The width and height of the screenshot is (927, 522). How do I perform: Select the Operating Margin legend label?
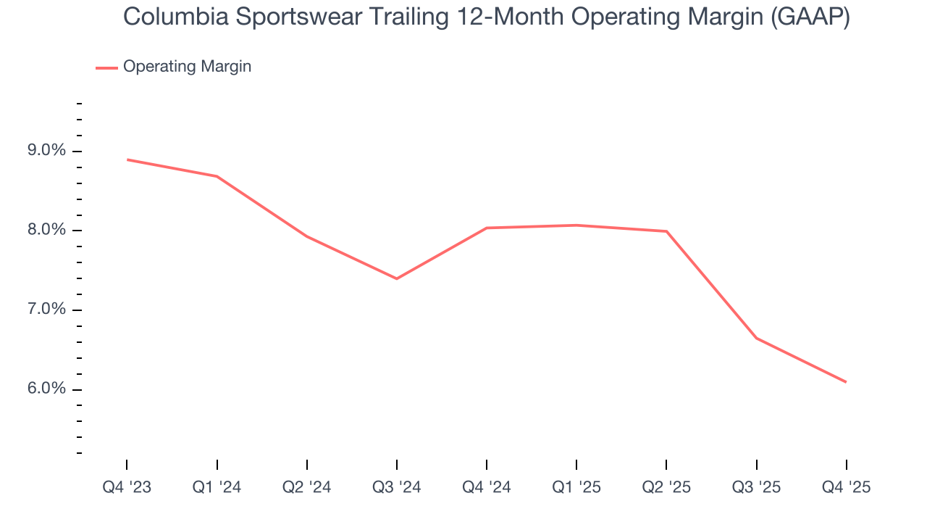click(x=187, y=67)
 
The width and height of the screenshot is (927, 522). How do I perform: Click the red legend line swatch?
click(x=106, y=68)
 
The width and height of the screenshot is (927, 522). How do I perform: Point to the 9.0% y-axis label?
click(x=47, y=151)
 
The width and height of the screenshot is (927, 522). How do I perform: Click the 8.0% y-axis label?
click(x=47, y=231)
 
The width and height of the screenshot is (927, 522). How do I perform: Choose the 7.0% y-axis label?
click(x=47, y=310)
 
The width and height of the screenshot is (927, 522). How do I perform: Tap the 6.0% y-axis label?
click(x=47, y=389)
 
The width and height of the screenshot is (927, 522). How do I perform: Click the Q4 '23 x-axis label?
click(x=127, y=487)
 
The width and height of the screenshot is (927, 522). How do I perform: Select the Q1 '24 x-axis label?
click(x=217, y=487)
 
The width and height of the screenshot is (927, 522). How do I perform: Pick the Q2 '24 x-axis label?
click(x=307, y=487)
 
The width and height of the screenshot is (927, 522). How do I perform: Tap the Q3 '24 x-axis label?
click(x=397, y=487)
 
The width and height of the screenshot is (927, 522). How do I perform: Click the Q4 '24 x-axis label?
click(x=487, y=487)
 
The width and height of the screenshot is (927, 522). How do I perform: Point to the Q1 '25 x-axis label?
click(x=576, y=487)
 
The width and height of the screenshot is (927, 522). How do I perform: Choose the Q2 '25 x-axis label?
click(x=666, y=487)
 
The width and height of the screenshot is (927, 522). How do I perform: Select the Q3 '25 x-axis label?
click(x=757, y=487)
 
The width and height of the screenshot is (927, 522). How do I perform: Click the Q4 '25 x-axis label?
click(x=847, y=487)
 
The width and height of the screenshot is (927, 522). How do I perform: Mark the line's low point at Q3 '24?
click(x=397, y=278)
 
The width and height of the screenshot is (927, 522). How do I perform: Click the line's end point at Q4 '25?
click(x=846, y=382)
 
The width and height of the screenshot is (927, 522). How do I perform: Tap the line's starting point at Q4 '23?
click(x=127, y=159)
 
